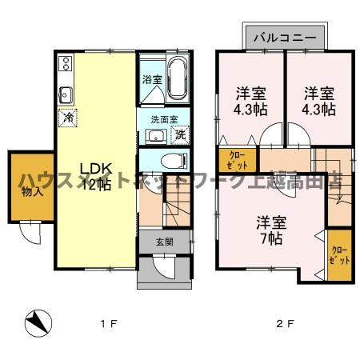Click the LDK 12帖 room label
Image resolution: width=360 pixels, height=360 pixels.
tap(94, 177)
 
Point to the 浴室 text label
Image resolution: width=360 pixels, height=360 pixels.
tap(151, 79)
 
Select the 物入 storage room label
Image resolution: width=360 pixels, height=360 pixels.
tap(28, 192)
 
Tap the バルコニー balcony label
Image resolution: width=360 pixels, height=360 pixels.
tap(283, 37)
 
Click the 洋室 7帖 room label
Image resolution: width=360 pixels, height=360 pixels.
tap(270, 229)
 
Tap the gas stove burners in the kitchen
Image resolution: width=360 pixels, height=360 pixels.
tap(64, 66)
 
